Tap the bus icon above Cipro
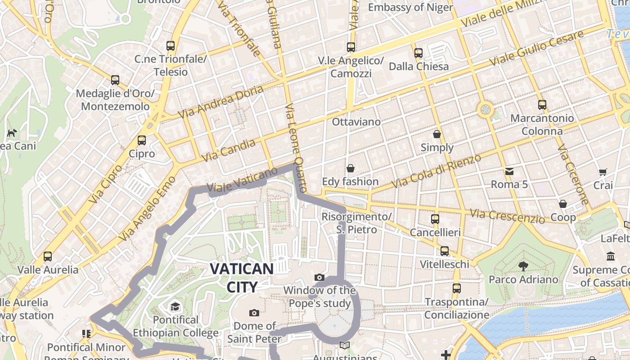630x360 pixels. [142, 140]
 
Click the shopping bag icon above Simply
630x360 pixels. [436, 134]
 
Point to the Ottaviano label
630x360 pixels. [356, 122]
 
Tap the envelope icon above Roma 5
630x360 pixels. [509, 171]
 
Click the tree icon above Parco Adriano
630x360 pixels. [523, 266]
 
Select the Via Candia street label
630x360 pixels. [229, 151]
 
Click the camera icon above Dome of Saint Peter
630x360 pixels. [254, 313]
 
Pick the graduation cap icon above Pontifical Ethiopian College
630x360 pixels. [175, 307]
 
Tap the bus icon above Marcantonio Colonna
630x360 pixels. [542, 105]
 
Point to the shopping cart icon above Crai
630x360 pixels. [603, 172]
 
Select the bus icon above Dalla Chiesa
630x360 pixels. [418, 53]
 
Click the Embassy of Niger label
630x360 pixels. [410, 8]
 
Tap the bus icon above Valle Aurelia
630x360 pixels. [48, 256]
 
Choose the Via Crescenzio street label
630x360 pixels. [507, 216]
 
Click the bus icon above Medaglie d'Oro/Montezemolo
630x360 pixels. [115, 80]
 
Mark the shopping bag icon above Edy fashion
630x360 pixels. [350, 168]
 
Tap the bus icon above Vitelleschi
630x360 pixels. [445, 251]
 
